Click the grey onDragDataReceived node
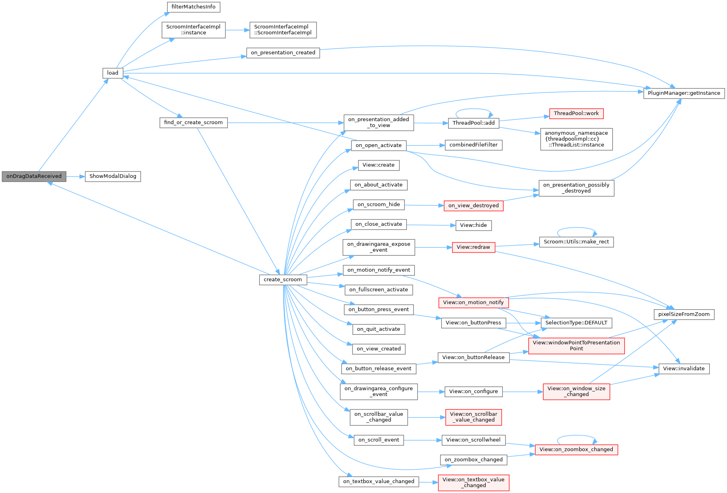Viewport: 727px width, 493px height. coord(34,176)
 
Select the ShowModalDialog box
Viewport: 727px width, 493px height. coord(113,176)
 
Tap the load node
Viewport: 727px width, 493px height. coord(113,73)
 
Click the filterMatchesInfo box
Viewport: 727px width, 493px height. coord(193,7)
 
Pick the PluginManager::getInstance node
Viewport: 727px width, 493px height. coord(684,93)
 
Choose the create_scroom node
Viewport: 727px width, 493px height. coord(283,280)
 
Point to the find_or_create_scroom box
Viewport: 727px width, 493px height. coord(193,122)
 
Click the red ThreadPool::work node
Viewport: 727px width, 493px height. coord(576,113)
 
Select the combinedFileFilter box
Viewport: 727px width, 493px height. coord(474,145)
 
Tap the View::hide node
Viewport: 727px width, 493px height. coord(474,225)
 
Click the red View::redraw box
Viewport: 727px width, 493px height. coord(473,247)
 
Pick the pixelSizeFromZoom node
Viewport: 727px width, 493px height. coord(684,314)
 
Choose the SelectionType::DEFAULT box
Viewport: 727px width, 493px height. coord(576,323)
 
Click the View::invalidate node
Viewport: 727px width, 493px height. coord(684,369)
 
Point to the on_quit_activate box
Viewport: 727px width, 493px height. coord(378,329)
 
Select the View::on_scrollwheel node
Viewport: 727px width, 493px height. coord(473,440)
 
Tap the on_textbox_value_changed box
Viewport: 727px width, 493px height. coord(378,481)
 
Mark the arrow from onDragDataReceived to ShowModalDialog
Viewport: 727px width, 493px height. coord(76,176)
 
